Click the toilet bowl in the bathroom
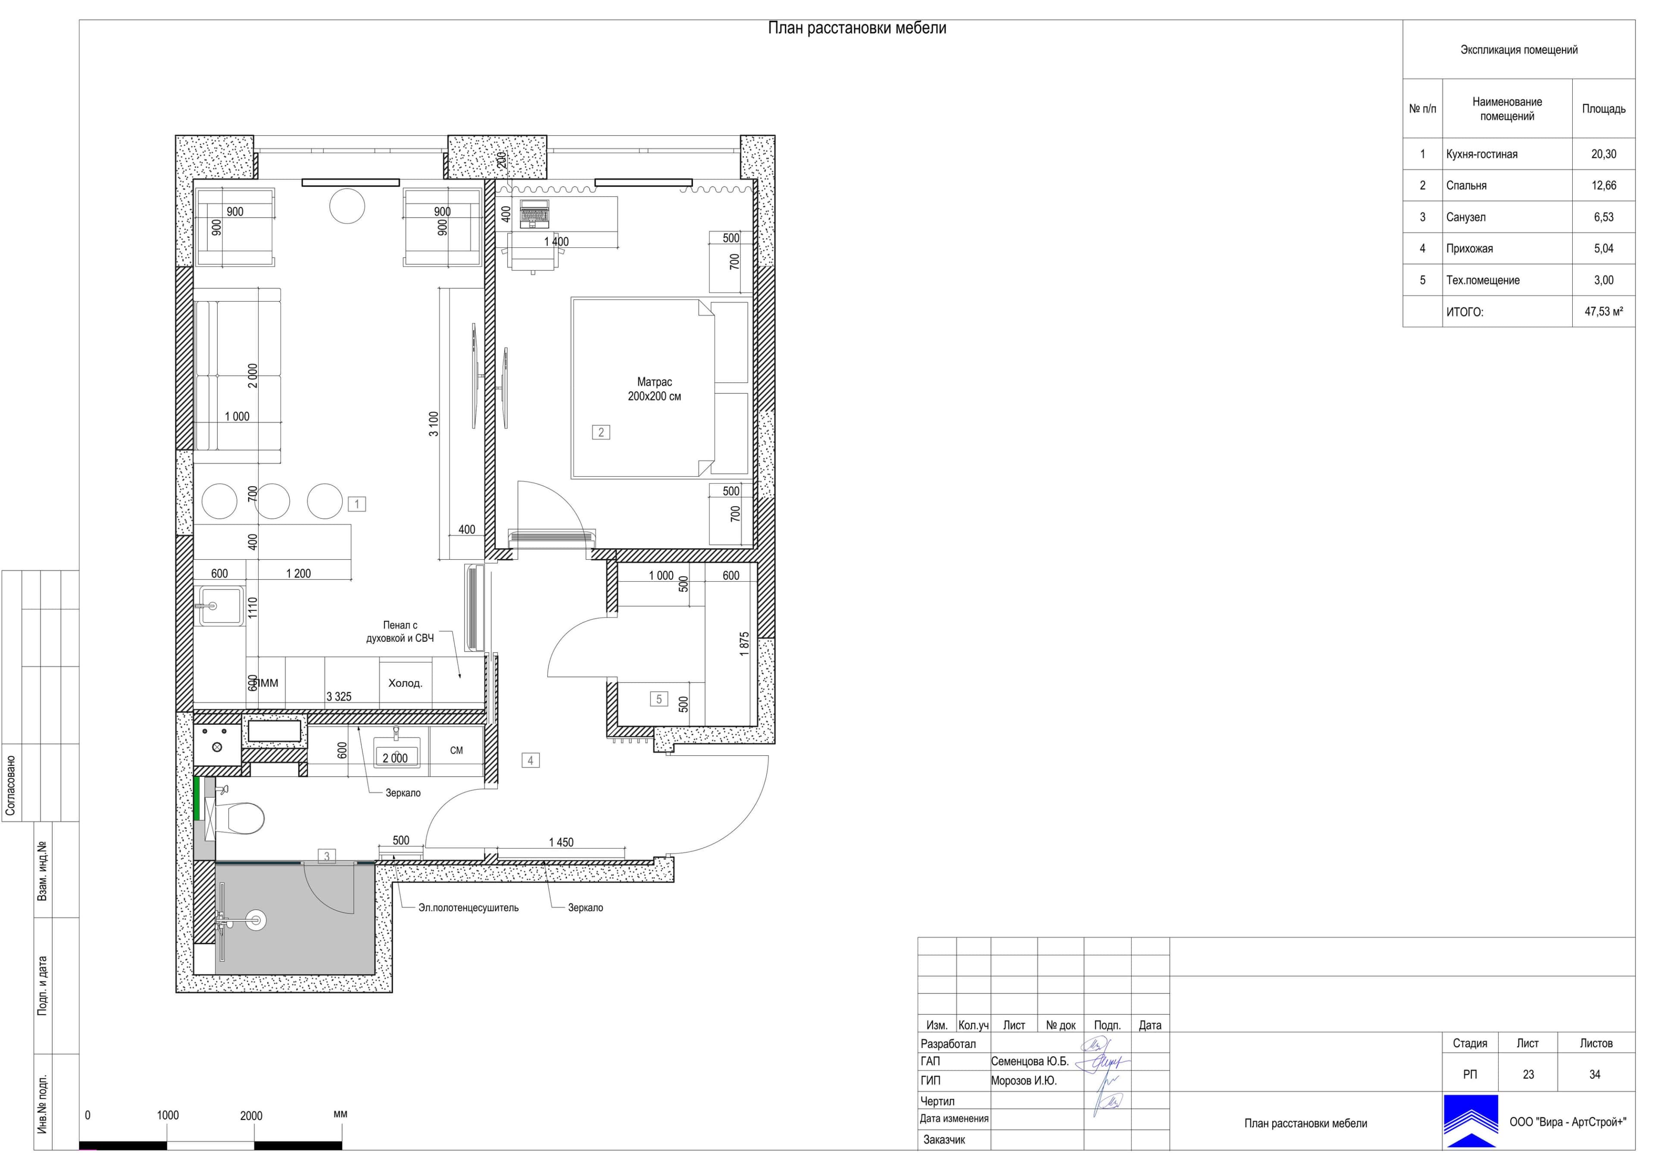click(x=241, y=818)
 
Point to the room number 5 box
click(x=659, y=699)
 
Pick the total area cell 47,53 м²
click(x=1604, y=312)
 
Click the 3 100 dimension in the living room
click(x=433, y=424)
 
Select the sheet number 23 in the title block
click(x=1528, y=1074)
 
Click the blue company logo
click(x=1471, y=1120)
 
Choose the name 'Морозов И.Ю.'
click(x=1024, y=1081)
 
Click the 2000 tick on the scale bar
click(x=251, y=1116)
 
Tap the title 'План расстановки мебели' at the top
click(x=857, y=28)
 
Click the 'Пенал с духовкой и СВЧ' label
click(x=400, y=631)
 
